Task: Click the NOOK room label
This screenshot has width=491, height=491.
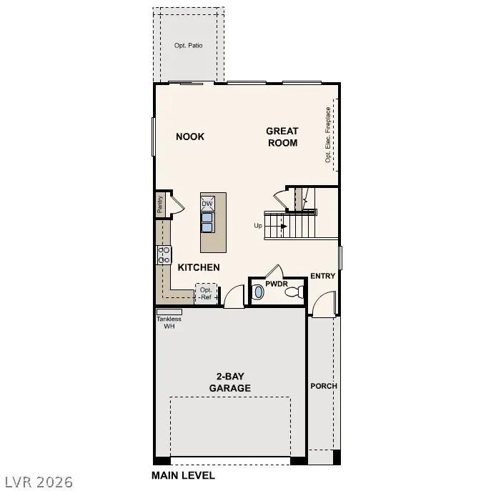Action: point(190,137)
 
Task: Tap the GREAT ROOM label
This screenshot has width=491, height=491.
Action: point(282,137)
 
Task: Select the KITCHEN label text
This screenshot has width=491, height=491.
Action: point(198,267)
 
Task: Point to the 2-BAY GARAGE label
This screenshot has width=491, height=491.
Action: point(229,382)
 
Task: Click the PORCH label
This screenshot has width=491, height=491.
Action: point(324,386)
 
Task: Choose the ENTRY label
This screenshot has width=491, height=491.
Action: point(323,276)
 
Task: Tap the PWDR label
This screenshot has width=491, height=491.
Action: point(276,284)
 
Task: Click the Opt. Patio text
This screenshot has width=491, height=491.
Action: point(188,46)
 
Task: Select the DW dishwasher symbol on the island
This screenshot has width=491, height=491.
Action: point(207,204)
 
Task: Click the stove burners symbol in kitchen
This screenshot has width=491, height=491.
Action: point(164,255)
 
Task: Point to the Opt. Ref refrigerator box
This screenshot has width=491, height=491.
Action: point(207,293)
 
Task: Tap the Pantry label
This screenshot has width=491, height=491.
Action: point(161,204)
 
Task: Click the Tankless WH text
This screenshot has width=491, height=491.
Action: point(169,322)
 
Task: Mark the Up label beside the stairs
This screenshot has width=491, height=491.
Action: point(258,226)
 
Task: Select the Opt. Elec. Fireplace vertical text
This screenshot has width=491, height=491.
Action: point(328,135)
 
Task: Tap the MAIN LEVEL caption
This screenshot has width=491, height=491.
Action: point(183,475)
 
